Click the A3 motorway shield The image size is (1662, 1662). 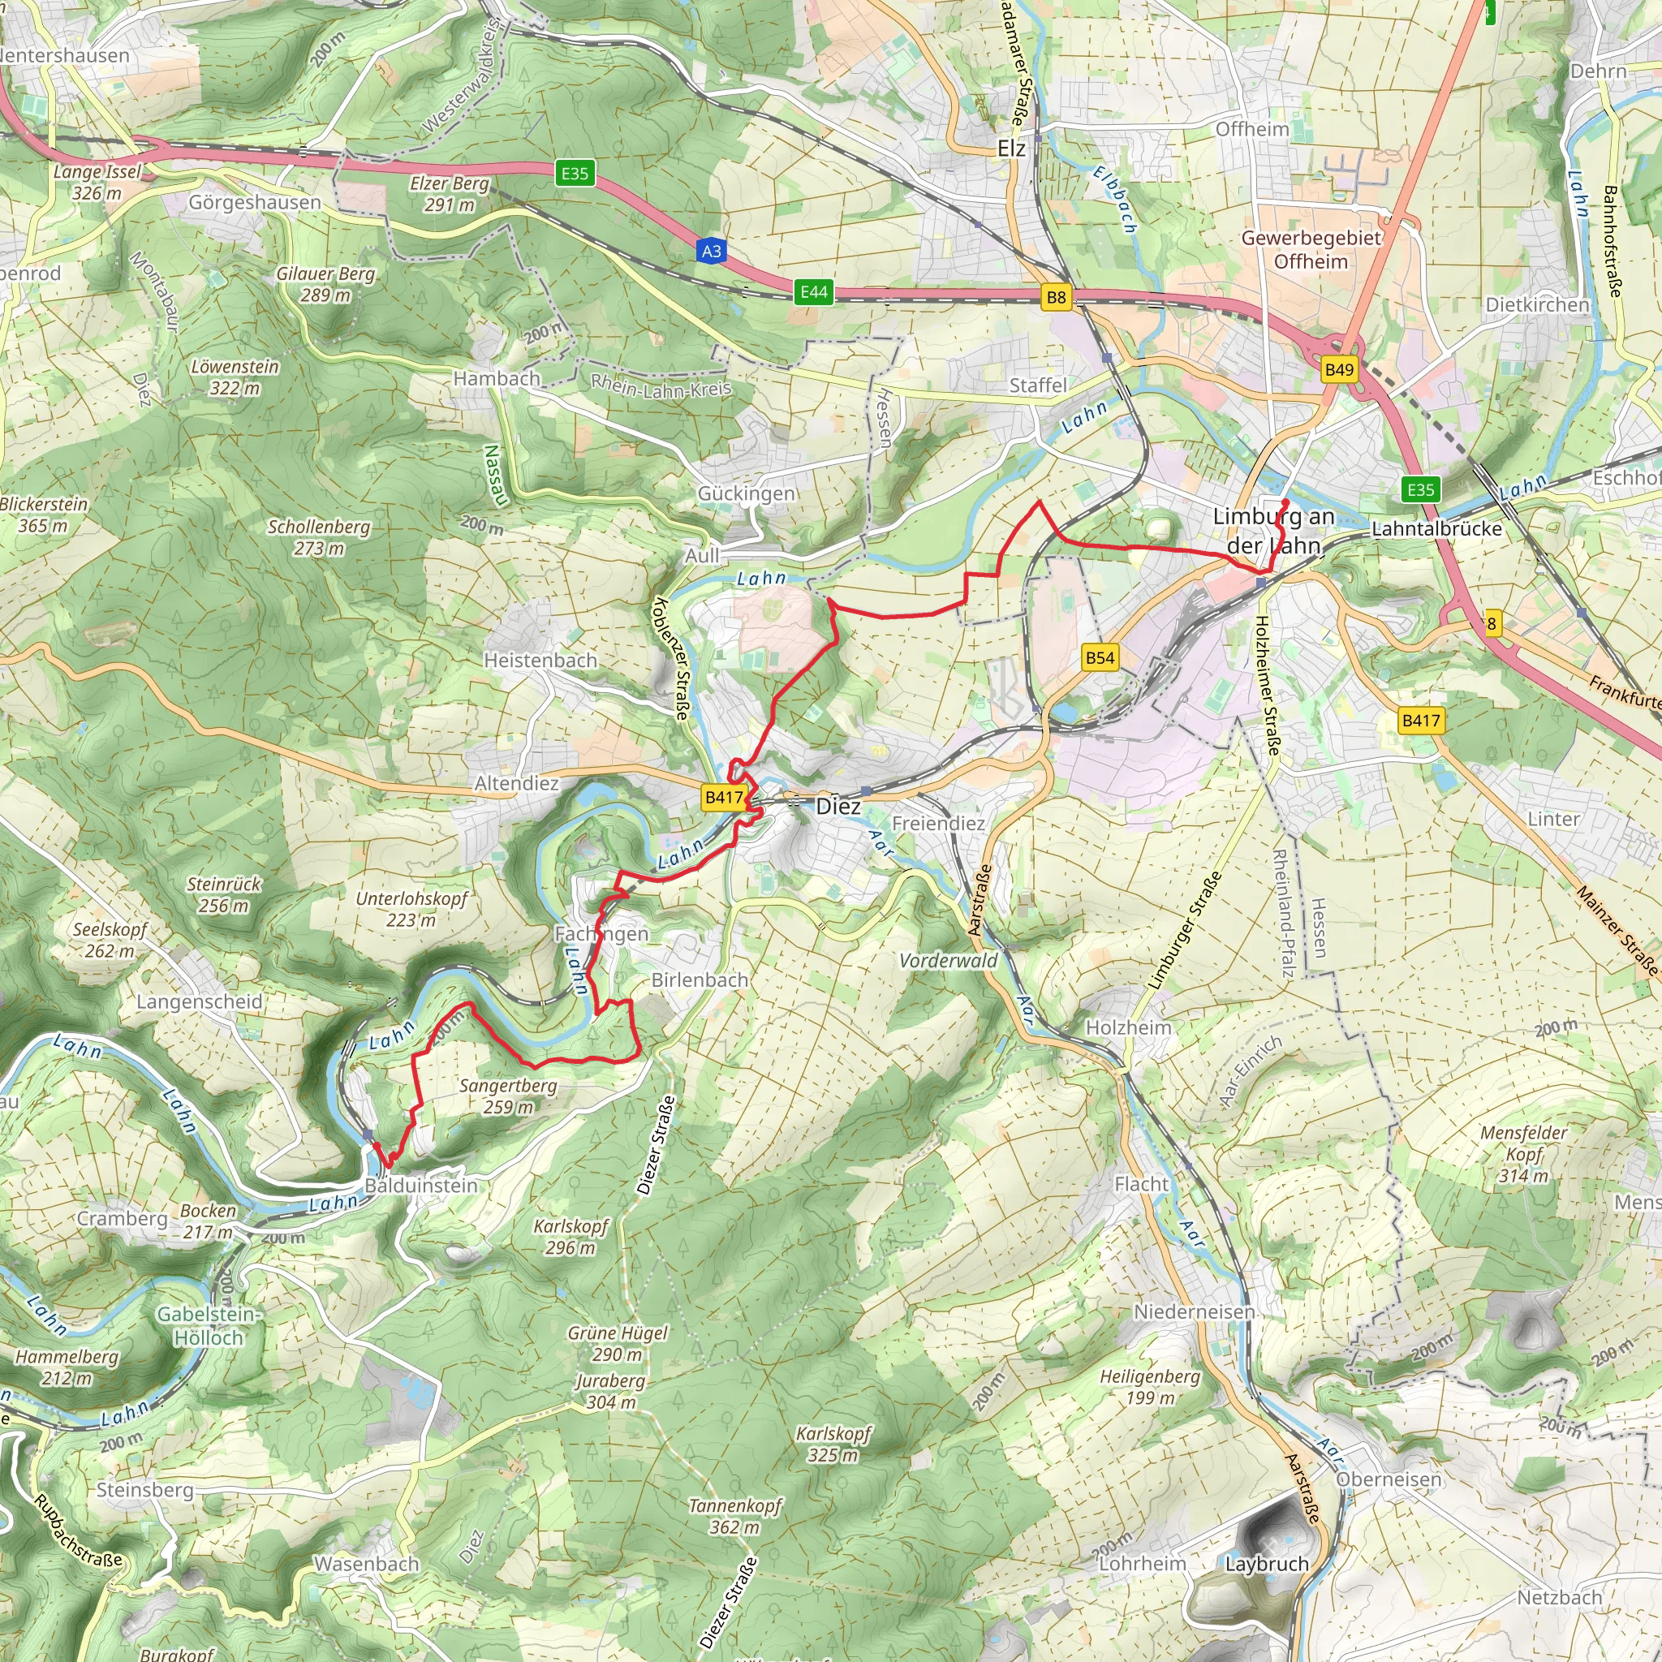coord(711,252)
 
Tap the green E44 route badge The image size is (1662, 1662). coord(814,291)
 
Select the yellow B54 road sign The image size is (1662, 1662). coord(1100,658)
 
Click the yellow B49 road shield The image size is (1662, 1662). coord(1339,370)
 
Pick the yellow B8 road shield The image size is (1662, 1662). coord(1056,298)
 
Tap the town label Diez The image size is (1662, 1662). coord(837,806)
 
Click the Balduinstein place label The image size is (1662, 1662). coord(420,1186)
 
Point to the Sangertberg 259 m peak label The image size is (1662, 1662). coord(507,1096)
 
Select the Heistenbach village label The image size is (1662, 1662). coord(540,661)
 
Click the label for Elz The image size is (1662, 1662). coord(1012,149)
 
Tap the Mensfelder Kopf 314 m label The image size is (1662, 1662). coord(1523,1154)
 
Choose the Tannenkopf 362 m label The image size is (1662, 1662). coord(735,1517)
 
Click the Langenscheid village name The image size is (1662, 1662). coord(200,1002)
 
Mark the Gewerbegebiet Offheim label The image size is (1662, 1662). coord(1311,249)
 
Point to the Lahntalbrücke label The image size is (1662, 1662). coord(1436,529)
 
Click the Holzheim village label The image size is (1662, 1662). coord(1129,1028)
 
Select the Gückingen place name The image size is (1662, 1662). coord(746,493)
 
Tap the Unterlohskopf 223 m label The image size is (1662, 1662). coord(412,909)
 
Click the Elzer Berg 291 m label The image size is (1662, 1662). coord(449,194)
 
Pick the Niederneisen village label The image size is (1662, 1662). coord(1194,1312)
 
